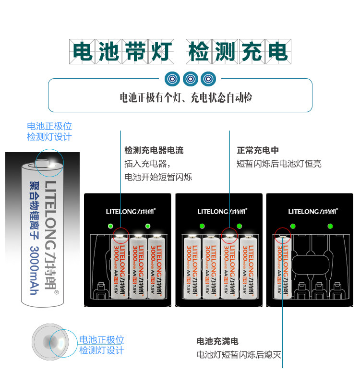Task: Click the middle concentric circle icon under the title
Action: click(191, 78)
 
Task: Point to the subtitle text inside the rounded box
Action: click(186, 98)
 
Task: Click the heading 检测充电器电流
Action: click(154, 150)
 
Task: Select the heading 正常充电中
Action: click(258, 150)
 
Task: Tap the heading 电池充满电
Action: click(217, 341)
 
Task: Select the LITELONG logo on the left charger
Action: click(128, 211)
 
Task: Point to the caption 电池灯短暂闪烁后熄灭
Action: click(239, 355)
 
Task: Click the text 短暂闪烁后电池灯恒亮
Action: click(279, 164)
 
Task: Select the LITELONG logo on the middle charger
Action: click(219, 211)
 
